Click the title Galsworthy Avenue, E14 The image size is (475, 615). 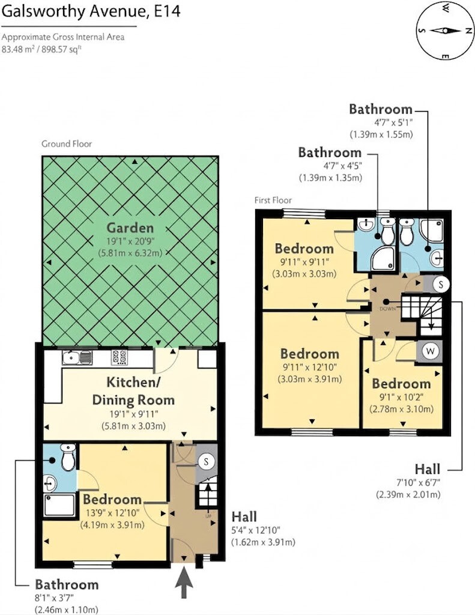91,11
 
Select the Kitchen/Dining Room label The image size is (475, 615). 133,391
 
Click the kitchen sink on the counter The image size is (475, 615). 77,357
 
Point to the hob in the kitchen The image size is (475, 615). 120,357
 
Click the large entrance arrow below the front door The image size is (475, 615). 184,581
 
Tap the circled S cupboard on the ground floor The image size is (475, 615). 206,462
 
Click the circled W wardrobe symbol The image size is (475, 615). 431,351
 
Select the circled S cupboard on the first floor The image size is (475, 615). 441,284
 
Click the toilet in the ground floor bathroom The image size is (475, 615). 68,457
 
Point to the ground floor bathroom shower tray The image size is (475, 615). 59,505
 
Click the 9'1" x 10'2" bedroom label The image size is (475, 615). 401,396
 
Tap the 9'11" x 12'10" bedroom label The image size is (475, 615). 310,366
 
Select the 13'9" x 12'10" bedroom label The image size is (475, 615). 112,512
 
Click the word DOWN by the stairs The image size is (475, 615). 387,309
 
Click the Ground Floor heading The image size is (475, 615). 67,144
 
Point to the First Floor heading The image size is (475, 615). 273,201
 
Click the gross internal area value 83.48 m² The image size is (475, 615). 18,49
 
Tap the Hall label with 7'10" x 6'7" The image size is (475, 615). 408,481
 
